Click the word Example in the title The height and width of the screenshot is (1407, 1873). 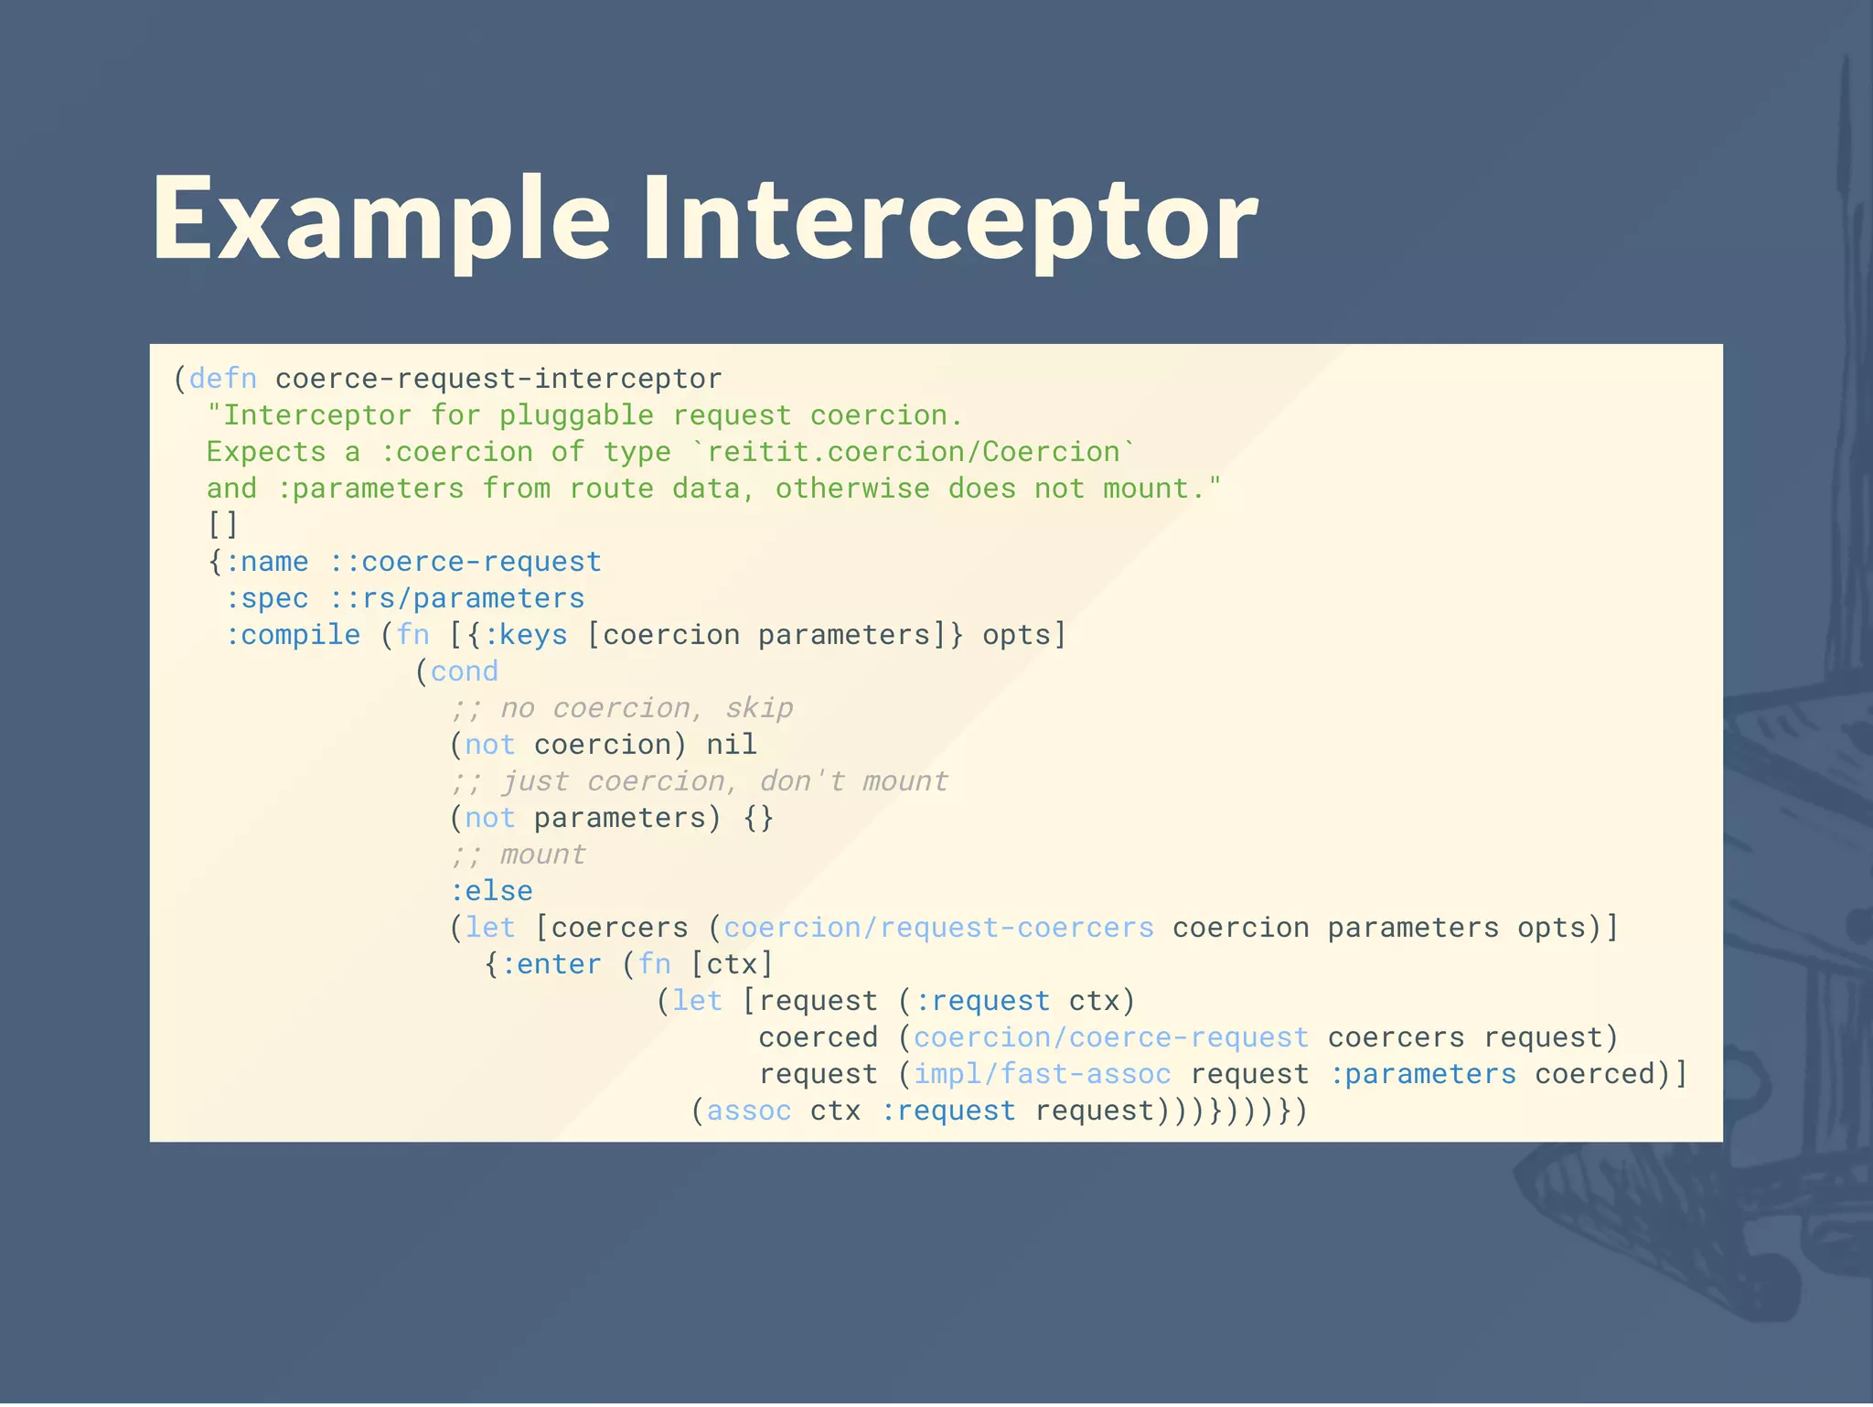380,220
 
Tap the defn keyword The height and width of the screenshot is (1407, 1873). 222,379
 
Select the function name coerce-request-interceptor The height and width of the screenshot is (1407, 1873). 498,379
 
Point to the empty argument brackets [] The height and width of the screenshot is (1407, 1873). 222,525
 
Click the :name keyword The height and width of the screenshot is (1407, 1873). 266,562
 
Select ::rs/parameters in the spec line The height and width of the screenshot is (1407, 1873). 456,598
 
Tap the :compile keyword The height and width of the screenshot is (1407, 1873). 293,635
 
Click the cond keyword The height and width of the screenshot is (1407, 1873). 465,671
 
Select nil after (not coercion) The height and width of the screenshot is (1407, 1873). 732,745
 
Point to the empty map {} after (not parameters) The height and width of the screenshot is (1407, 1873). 758,818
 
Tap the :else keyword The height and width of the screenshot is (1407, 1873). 491,891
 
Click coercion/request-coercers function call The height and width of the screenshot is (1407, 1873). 938,928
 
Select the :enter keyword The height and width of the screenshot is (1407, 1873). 551,964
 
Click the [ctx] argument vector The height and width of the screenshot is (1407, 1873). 732,964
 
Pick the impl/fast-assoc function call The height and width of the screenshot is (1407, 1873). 1042,1074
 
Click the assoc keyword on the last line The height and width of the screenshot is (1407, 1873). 749,1111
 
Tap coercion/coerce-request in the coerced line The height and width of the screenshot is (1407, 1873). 1110,1037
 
